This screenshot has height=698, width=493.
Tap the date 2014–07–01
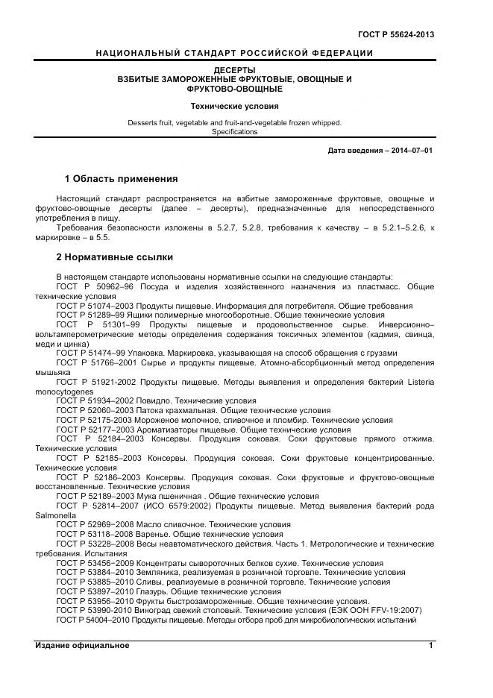tap(409, 151)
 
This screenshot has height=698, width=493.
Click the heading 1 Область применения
tap(121, 179)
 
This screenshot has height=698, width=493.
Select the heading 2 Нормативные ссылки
tap(115, 257)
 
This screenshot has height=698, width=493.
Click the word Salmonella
tap(54, 515)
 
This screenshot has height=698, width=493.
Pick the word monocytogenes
tap(64, 391)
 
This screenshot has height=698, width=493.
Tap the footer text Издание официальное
tap(82, 645)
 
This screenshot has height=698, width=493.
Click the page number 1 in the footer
tap(431, 645)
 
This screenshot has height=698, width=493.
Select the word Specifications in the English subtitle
tap(234, 132)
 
